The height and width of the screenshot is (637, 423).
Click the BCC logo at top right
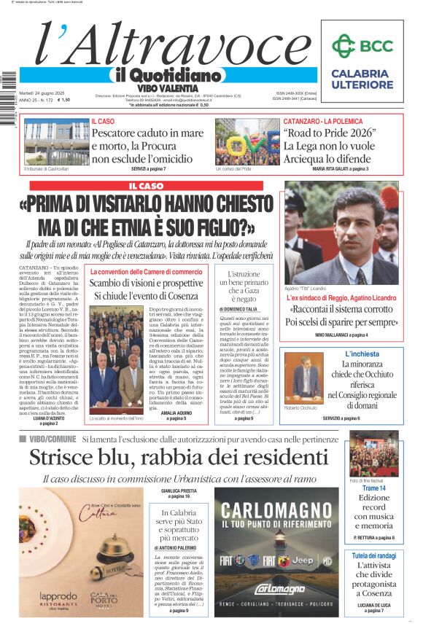pyautogui.click(x=362, y=46)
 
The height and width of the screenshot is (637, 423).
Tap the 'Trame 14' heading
pyautogui.click(x=373, y=488)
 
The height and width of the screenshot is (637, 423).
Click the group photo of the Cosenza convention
pyautogui.click(x=116, y=372)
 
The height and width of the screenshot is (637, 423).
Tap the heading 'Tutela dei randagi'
pyautogui.click(x=373, y=555)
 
